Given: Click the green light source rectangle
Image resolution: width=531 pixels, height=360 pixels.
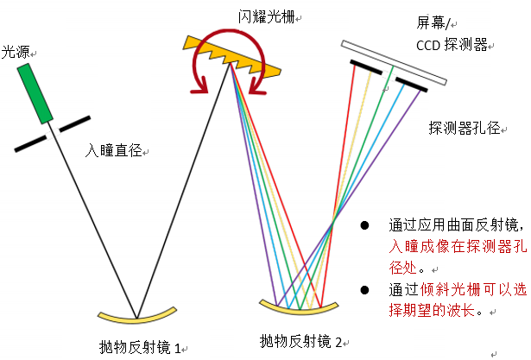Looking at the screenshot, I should click(x=37, y=93).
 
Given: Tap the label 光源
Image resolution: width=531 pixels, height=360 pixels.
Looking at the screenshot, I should click(x=14, y=51).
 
